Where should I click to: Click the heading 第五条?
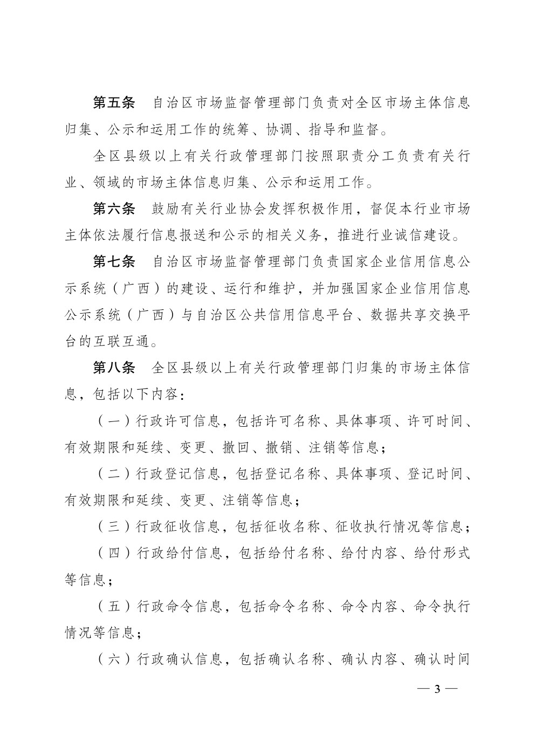click(x=114, y=102)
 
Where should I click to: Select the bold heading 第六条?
click(x=114, y=209)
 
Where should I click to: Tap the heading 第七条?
click(x=114, y=261)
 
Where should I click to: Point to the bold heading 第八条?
click(x=114, y=367)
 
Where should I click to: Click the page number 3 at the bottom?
click(x=437, y=689)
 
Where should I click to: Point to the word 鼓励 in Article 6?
click(x=166, y=209)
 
